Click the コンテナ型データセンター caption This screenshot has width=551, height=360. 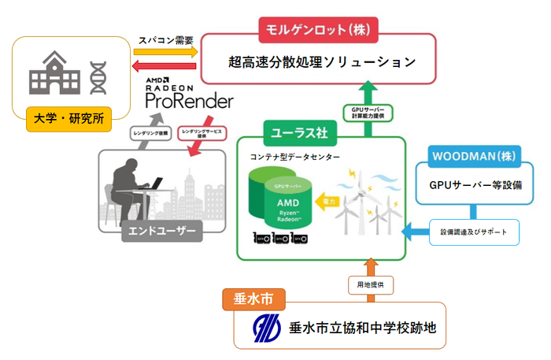coord(292,157)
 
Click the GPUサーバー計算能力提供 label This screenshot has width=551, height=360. coord(367,113)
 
